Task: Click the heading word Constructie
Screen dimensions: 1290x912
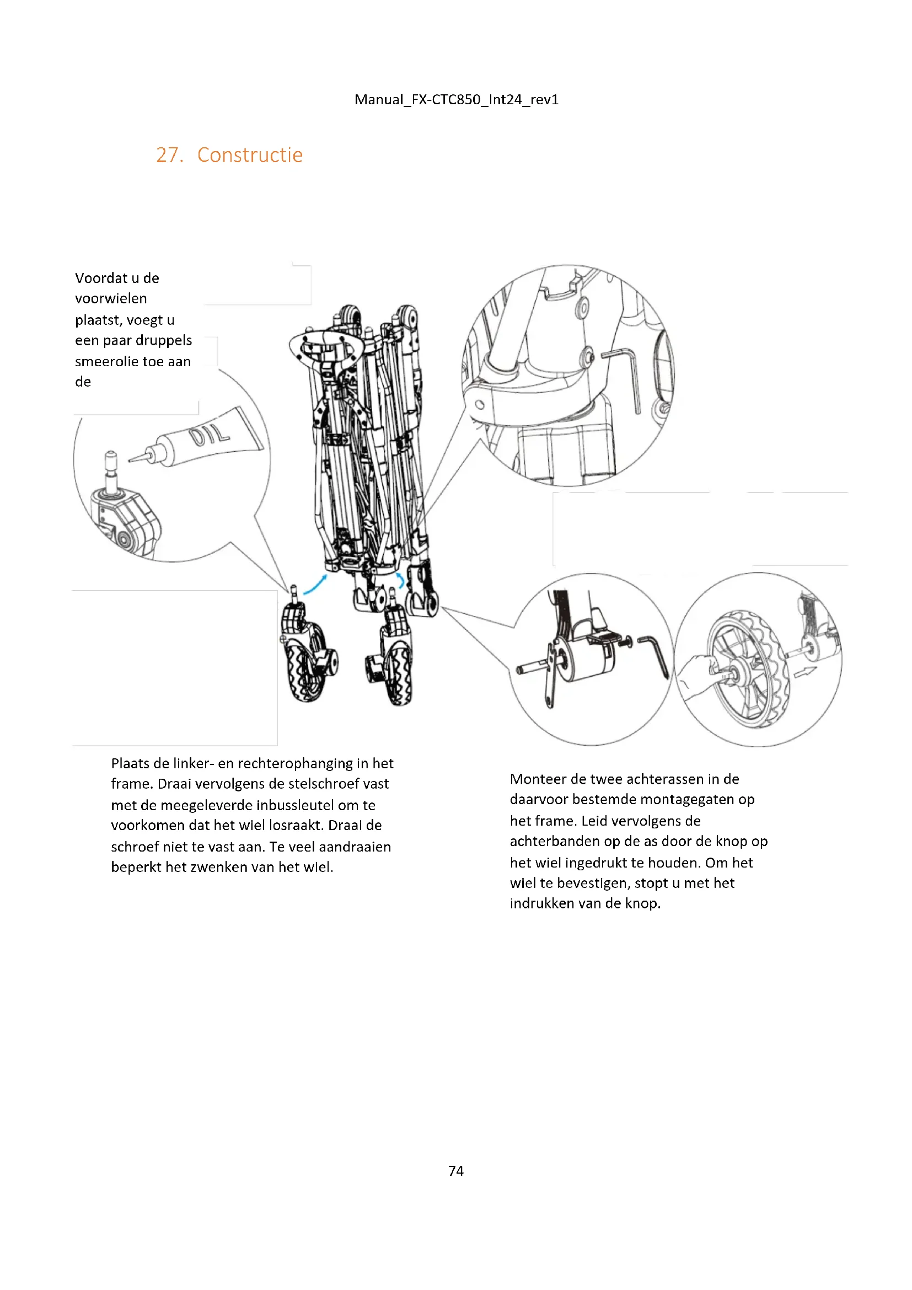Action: [250, 155]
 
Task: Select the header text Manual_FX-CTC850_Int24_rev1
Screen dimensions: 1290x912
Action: [456, 99]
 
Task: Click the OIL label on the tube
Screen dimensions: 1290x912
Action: [210, 436]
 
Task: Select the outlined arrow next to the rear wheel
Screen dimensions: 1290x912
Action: [804, 671]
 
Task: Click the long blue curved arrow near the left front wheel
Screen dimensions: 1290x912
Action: [314, 584]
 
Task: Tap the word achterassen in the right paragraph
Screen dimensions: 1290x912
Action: [664, 779]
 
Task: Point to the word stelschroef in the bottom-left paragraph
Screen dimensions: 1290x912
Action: [324, 784]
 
